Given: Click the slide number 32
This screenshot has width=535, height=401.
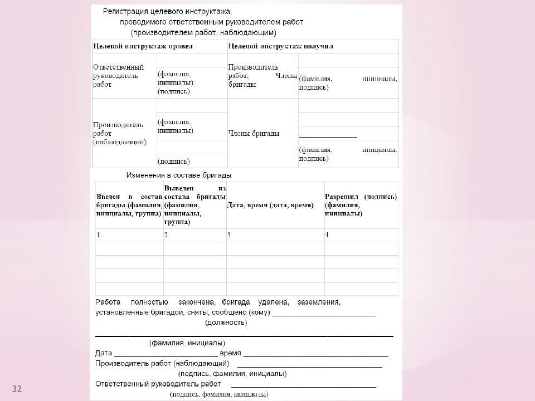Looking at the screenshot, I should tap(17, 388).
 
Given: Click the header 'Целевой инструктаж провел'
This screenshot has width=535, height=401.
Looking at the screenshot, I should tap(143, 47).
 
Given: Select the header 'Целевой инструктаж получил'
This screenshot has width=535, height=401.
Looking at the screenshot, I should tap(281, 47).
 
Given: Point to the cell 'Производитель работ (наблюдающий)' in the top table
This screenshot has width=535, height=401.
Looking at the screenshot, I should tap(120, 134).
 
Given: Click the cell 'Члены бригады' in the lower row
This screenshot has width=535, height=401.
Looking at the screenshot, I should tap(254, 134).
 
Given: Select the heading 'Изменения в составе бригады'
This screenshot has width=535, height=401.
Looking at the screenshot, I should tap(178, 175).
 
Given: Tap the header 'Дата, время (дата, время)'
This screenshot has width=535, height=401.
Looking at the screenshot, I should tap(270, 206).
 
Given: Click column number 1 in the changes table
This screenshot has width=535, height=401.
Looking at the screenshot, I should tap(98, 235).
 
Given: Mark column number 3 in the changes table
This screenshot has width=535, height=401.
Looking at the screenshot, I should tap(229, 235).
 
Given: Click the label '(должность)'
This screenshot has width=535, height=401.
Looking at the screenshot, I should tap(226, 322).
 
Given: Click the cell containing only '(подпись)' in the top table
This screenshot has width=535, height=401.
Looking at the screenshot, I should tap(172, 162).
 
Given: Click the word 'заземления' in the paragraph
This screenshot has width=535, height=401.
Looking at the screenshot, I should tap(318, 302).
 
